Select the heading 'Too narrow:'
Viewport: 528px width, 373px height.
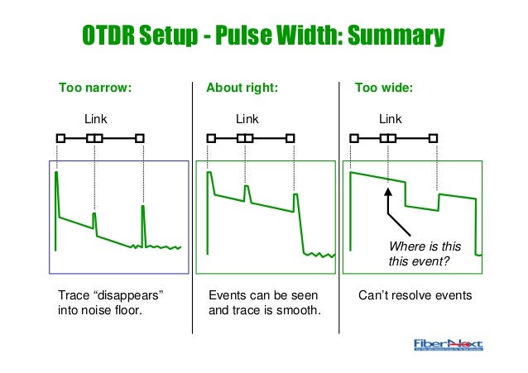(95, 86)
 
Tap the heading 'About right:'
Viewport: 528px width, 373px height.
(242, 86)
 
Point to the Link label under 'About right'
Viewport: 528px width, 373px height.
(247, 119)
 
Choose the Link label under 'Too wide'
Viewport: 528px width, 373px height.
(390, 119)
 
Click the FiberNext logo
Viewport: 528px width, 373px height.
(448, 346)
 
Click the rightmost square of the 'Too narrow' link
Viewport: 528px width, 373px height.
(140, 138)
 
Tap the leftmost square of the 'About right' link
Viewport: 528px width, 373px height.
(212, 138)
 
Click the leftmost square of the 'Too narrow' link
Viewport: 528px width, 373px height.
(60, 138)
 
